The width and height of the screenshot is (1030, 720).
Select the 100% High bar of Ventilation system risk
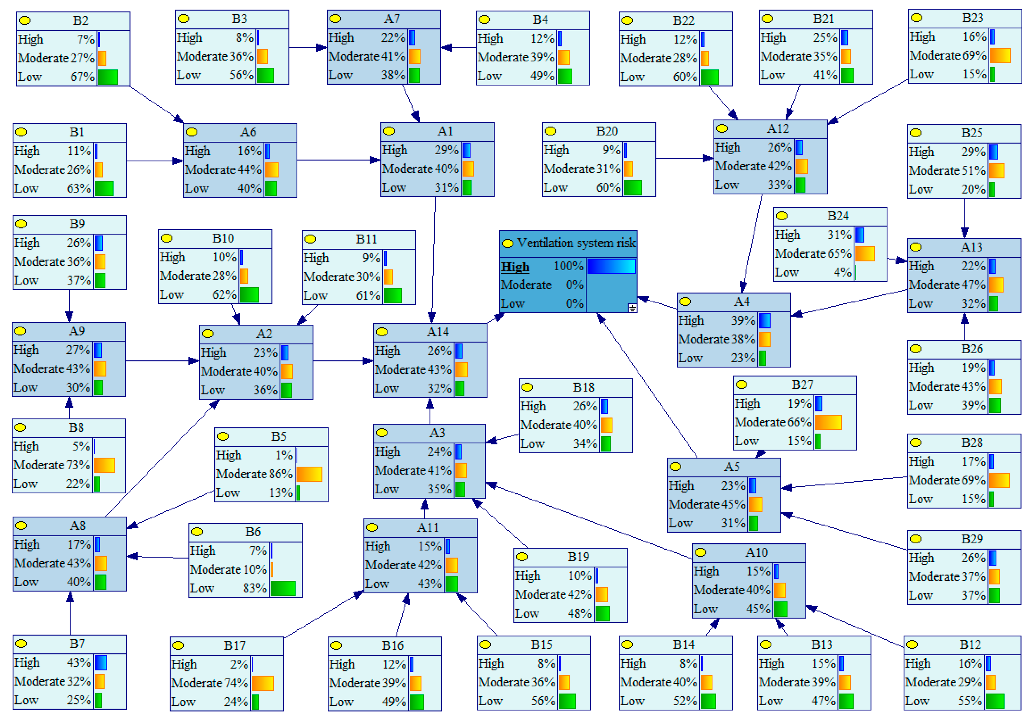611,266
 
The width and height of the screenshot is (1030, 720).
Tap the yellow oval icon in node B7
21,644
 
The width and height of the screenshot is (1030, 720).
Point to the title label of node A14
437,332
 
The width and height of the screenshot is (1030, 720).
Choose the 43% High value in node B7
79,663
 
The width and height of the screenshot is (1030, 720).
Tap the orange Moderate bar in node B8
105,465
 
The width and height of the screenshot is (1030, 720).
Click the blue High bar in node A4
764,321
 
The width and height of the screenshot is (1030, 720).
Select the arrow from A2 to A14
343,361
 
